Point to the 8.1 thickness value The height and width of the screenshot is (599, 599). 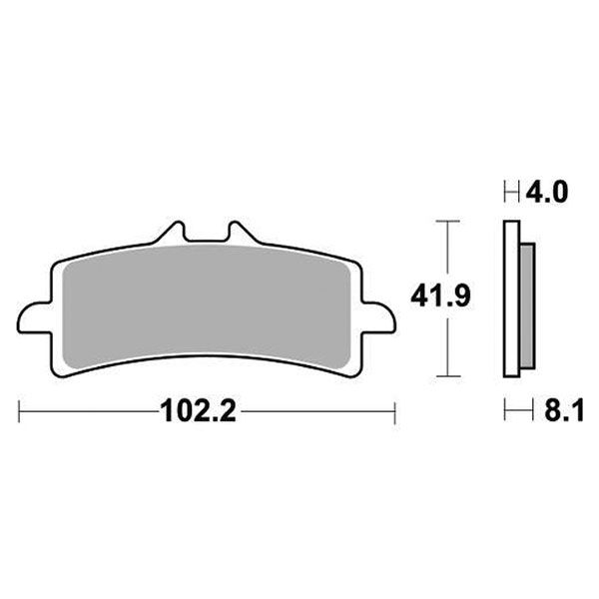point(548,410)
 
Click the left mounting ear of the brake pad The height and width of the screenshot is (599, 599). point(35,320)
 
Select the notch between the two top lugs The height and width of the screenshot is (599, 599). point(206,240)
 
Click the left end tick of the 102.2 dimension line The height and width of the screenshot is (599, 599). point(19,410)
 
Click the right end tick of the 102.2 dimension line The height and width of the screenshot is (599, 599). point(395,410)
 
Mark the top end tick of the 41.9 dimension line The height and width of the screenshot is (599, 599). point(446,218)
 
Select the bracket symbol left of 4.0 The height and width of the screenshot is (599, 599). point(509,191)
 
